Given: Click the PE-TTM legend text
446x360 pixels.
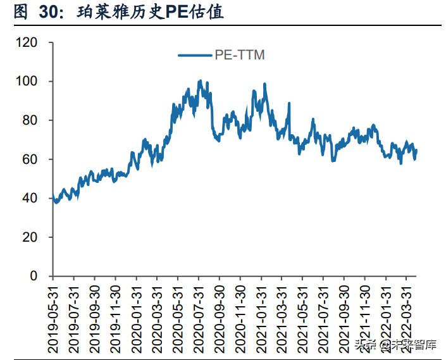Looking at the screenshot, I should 240,55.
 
